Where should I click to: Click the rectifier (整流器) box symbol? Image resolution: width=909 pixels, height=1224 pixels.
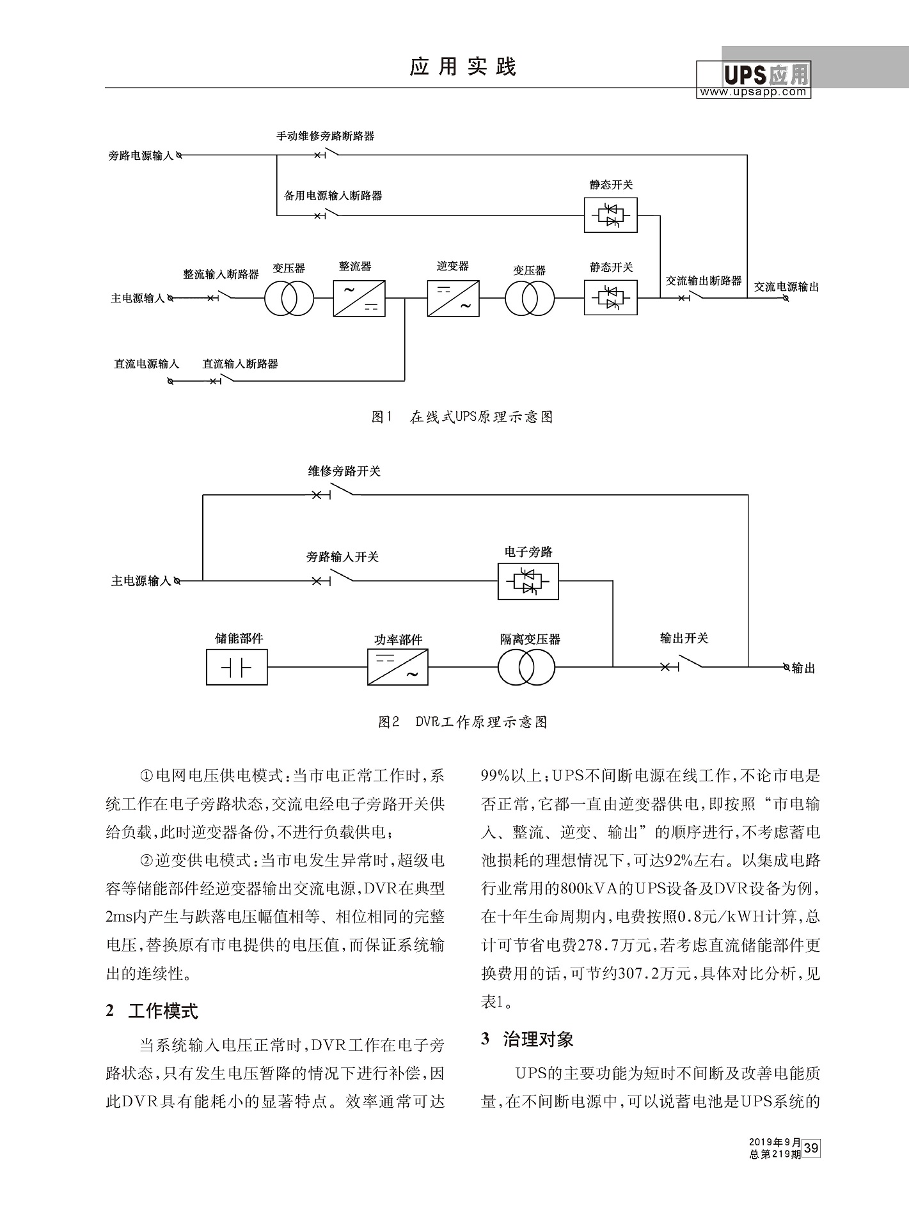click(359, 299)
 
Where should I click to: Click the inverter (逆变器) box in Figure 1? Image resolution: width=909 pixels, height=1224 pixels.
click(453, 299)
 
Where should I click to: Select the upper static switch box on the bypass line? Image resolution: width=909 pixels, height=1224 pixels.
click(610, 215)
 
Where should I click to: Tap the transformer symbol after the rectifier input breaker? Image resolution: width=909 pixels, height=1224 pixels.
click(289, 299)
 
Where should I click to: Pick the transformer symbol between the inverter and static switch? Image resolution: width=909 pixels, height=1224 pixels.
click(530, 299)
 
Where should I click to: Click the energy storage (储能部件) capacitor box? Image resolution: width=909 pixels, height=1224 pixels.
click(237, 668)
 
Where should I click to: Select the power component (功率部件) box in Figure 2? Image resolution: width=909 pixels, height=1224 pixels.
click(398, 668)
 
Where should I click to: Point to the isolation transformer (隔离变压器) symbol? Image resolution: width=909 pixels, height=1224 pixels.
click(526, 668)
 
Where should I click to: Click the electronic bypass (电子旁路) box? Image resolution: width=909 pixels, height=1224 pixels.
click(528, 581)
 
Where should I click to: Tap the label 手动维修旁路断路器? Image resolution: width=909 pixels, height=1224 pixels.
click(325, 136)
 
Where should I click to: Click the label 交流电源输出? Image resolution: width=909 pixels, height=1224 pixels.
click(786, 286)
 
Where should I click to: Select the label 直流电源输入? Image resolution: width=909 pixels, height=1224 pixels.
click(146, 364)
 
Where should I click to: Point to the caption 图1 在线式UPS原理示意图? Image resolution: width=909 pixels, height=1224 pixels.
click(462, 418)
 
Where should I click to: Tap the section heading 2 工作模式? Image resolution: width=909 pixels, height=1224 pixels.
click(152, 1011)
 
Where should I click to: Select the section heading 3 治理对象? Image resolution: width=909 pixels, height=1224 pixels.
click(527, 1039)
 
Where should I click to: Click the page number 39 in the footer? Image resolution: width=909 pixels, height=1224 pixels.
click(811, 1148)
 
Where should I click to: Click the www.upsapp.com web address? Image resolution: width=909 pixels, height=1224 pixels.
click(753, 92)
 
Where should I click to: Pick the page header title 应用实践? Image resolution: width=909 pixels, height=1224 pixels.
click(462, 67)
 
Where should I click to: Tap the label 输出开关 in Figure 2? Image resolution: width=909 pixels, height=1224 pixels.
click(684, 638)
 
